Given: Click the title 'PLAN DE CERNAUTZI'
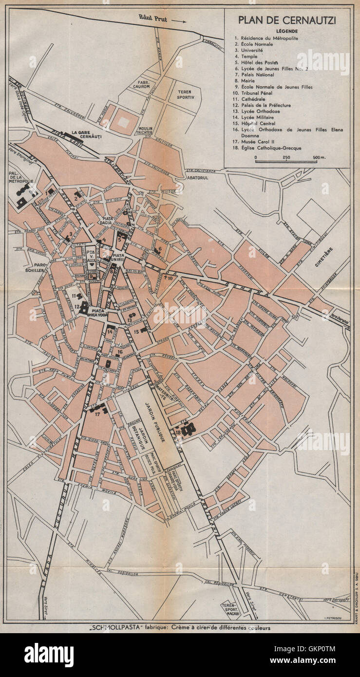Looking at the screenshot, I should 287,20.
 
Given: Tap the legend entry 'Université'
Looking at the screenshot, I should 249,50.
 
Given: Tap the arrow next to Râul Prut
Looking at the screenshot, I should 179,21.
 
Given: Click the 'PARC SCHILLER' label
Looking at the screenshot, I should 35,267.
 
